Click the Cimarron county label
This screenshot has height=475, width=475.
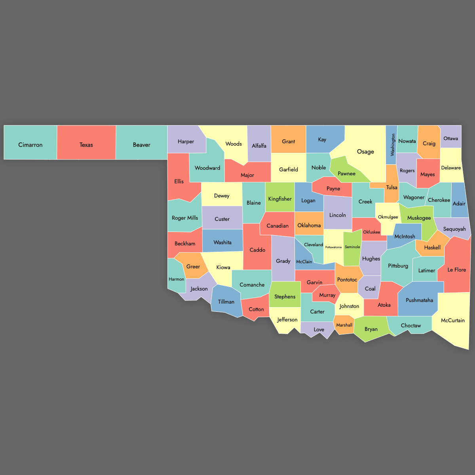pyautogui.click(x=30, y=145)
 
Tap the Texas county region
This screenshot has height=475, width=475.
pyautogui.click(x=86, y=145)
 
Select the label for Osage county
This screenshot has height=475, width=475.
pyautogui.click(x=365, y=152)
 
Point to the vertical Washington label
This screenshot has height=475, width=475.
pyautogui.click(x=393, y=144)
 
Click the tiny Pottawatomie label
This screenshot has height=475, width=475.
pyautogui.click(x=333, y=247)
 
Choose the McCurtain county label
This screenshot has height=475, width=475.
pyautogui.click(x=453, y=320)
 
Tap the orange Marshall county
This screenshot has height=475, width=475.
pyautogui.click(x=344, y=325)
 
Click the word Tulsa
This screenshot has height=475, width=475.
pyautogui.click(x=392, y=187)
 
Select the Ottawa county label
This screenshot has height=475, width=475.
pyautogui.click(x=450, y=139)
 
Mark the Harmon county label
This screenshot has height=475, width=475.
pyautogui.click(x=176, y=279)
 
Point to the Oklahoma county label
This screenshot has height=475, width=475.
pyautogui.click(x=309, y=225)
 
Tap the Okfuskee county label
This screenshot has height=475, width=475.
pyautogui.click(x=371, y=232)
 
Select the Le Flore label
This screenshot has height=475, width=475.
pyautogui.click(x=457, y=270)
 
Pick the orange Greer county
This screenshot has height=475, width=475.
pyautogui.click(x=193, y=266)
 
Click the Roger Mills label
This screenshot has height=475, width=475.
pyautogui.click(x=185, y=218)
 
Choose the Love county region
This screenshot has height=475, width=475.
pyautogui.click(x=319, y=329)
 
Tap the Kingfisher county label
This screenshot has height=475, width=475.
pyautogui.click(x=280, y=199)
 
